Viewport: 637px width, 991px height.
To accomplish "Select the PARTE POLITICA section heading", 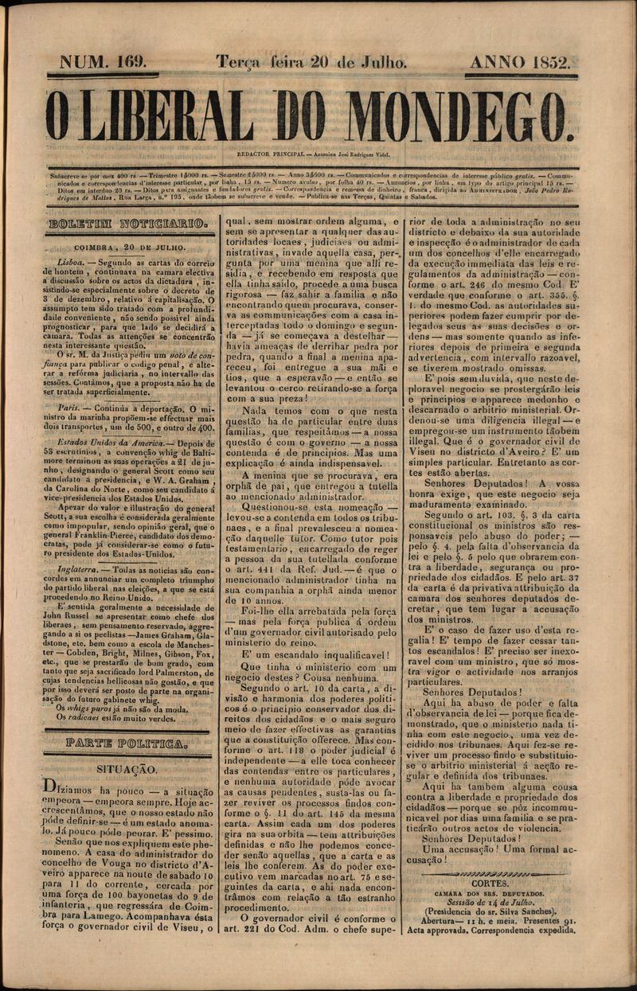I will click(127, 744).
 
